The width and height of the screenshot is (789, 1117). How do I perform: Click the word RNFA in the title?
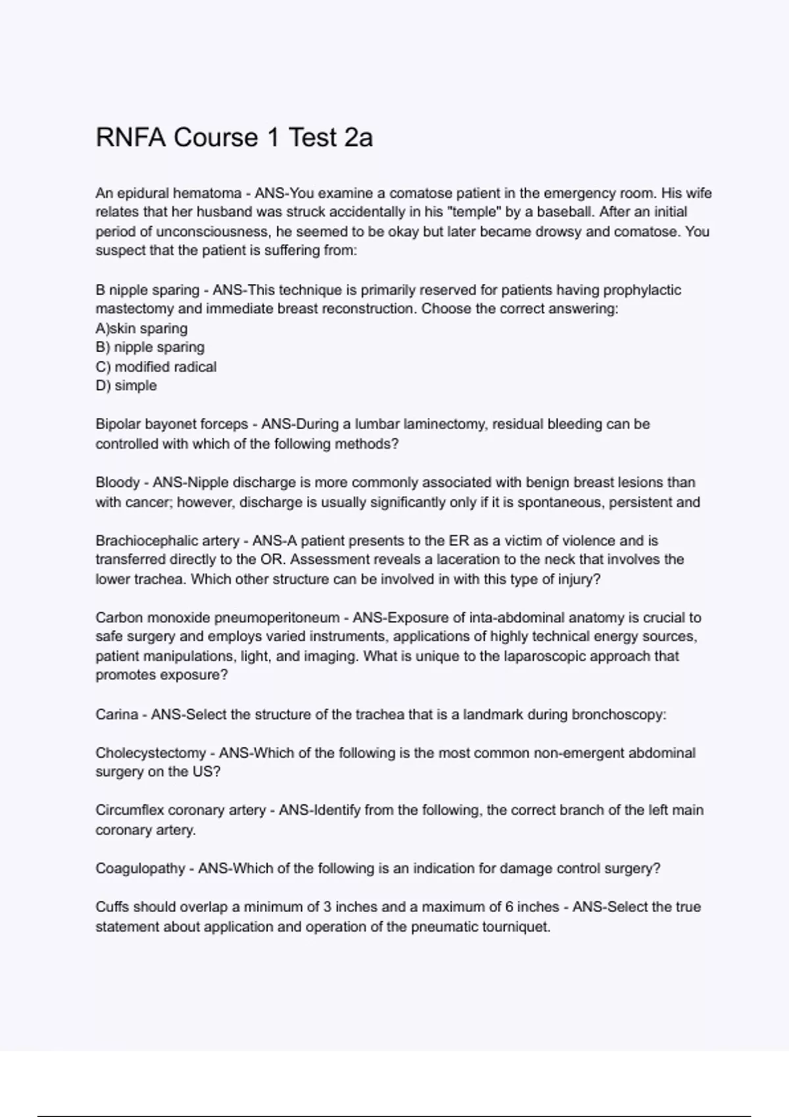[130, 138]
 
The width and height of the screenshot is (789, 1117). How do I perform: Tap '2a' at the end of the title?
[358, 138]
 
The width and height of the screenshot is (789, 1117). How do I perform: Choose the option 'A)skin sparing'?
[141, 329]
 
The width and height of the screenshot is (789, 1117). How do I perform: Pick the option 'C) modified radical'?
[156, 367]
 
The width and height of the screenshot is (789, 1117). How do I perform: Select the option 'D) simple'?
[126, 386]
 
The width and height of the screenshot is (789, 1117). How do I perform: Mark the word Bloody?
[117, 483]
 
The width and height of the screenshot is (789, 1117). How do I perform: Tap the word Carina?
[116, 715]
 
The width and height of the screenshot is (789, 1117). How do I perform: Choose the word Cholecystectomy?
[151, 753]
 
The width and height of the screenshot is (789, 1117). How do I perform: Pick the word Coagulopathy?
[140, 869]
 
